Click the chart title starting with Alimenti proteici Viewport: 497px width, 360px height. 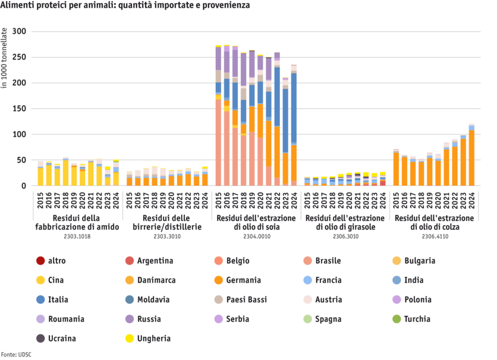click(x=125, y=5)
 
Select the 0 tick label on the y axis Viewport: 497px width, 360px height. click(x=24, y=186)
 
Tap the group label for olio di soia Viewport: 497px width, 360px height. click(x=256, y=223)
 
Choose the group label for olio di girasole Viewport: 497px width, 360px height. click(x=345, y=223)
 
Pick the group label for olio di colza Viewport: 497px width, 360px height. click(x=434, y=223)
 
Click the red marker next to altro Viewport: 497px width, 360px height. click(x=40, y=261)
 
